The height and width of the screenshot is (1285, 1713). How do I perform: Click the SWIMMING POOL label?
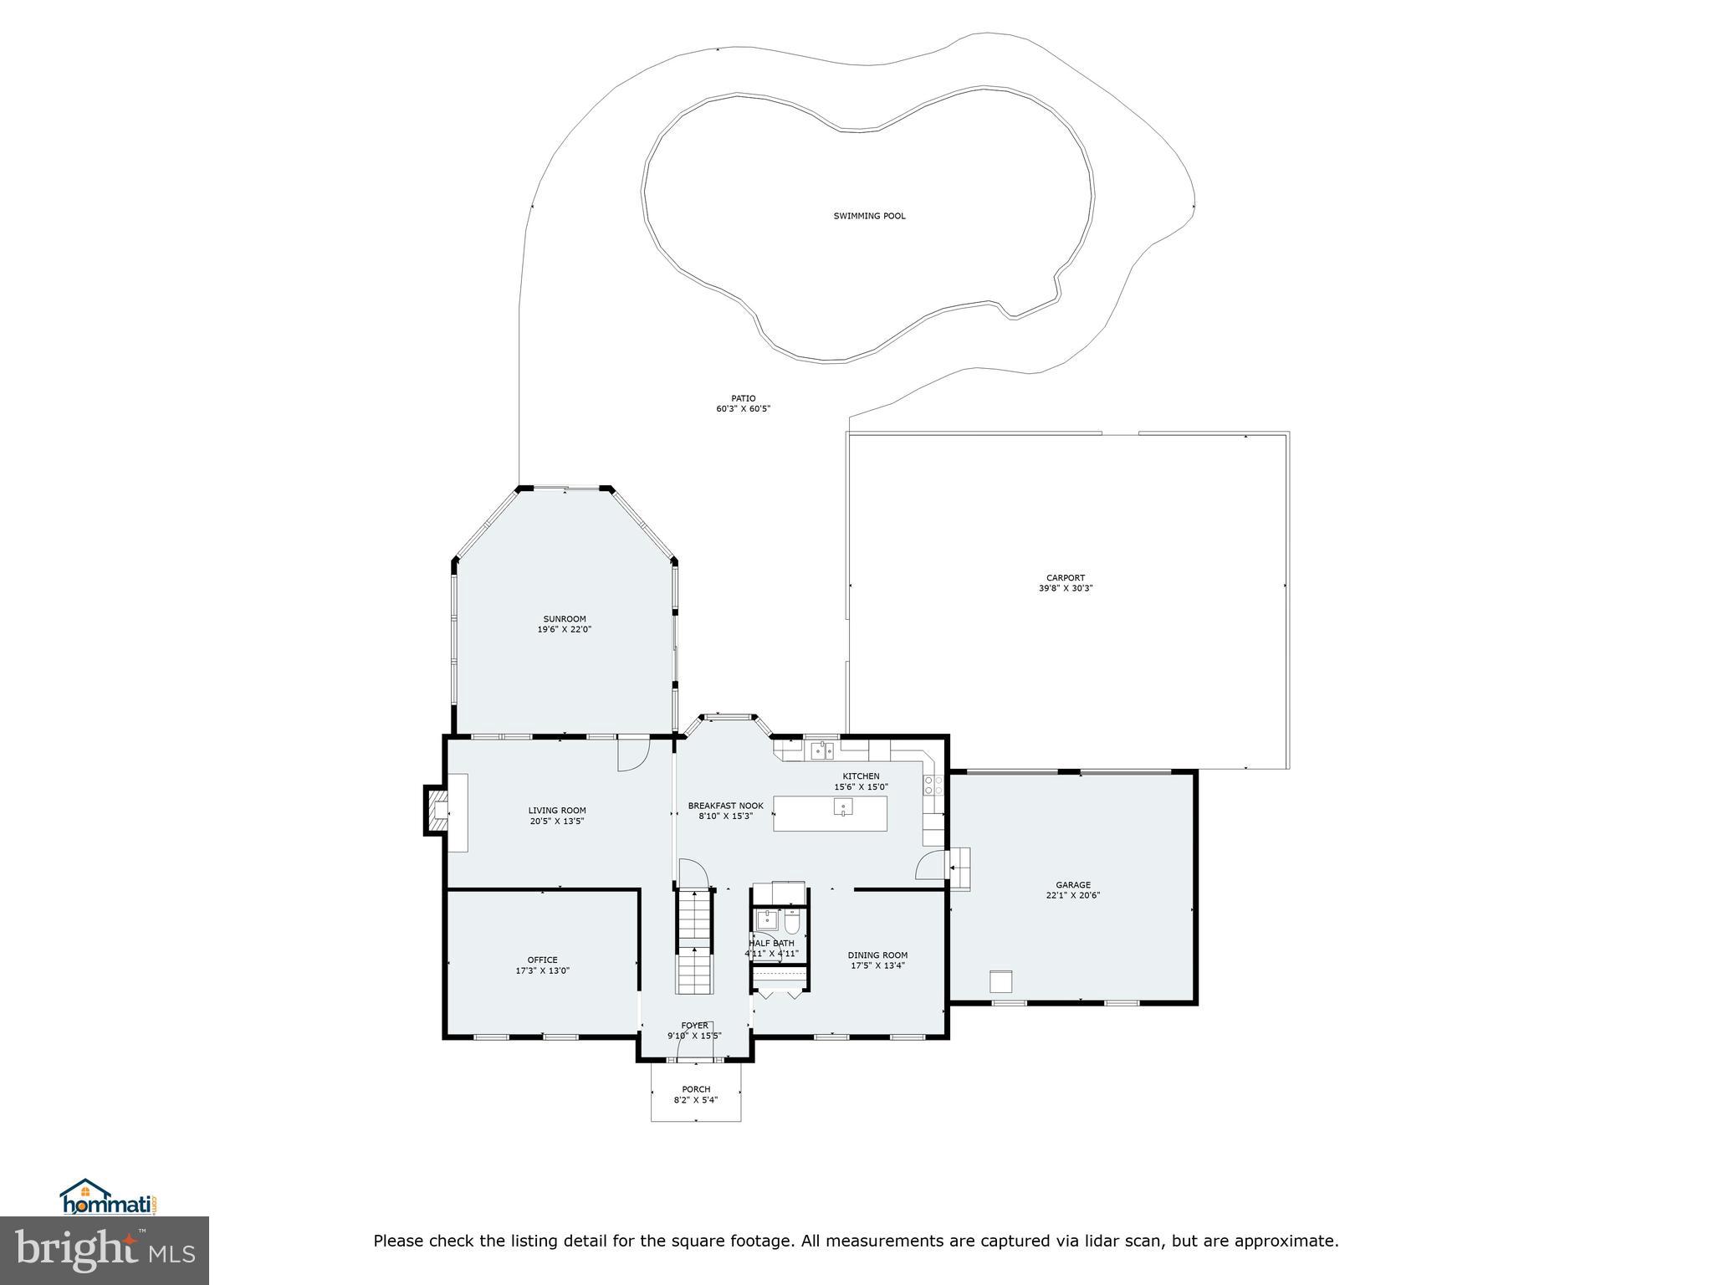(869, 216)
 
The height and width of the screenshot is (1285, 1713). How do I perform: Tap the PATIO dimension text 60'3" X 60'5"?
(743, 409)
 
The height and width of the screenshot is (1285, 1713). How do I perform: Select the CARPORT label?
(1066, 577)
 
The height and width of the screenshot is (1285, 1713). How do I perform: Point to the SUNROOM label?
(565, 619)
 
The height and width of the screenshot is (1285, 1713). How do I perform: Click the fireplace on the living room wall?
(437, 811)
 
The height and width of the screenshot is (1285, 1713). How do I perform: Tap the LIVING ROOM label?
(557, 810)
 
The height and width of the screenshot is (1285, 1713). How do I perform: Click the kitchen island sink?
(843, 807)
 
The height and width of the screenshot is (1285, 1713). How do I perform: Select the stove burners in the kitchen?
(933, 785)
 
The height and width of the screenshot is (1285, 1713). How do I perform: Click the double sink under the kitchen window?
(822, 750)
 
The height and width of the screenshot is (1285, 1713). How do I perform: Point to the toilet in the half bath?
(793, 922)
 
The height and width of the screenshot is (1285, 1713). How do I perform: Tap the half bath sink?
(765, 920)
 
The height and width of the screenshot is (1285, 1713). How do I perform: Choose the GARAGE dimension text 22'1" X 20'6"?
(1073, 895)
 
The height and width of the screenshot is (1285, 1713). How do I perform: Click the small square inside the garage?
(1001, 980)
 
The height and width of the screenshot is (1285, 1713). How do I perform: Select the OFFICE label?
(542, 960)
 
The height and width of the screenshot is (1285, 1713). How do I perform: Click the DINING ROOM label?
(877, 955)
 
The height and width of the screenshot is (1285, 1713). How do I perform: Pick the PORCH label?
(696, 1089)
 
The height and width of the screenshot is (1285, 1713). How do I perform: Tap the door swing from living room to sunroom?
(633, 753)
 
